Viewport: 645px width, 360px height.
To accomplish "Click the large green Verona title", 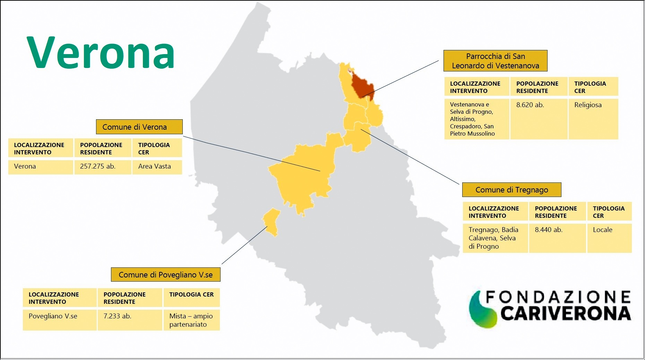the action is [101, 52].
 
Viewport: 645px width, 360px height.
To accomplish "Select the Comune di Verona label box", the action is [139, 127].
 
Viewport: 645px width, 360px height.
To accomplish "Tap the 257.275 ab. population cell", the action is [103, 167].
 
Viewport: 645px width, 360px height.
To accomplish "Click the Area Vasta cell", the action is [157, 167].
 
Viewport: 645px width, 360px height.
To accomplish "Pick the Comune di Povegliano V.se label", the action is [166, 275].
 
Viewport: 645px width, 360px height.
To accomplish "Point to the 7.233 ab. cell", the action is [130, 320].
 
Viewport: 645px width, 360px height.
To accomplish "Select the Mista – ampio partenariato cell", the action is [191, 320].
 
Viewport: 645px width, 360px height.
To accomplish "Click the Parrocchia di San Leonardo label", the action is [496, 61].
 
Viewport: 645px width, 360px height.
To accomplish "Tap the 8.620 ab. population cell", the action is [539, 119].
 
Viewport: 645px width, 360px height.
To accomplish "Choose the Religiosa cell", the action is [593, 119].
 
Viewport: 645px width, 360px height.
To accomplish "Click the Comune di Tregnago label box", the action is [512, 190].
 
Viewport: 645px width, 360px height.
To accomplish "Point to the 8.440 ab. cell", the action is [557, 238].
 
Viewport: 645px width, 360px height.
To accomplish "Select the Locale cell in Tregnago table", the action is [609, 238].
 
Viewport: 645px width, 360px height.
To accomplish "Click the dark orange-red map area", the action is [362, 87].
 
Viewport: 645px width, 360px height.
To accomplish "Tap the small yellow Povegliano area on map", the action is [271, 222].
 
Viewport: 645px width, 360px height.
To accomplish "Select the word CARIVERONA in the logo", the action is [565, 314].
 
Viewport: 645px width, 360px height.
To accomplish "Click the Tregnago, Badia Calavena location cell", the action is [495, 238].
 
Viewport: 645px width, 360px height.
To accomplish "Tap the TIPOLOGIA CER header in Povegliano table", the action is [191, 298].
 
